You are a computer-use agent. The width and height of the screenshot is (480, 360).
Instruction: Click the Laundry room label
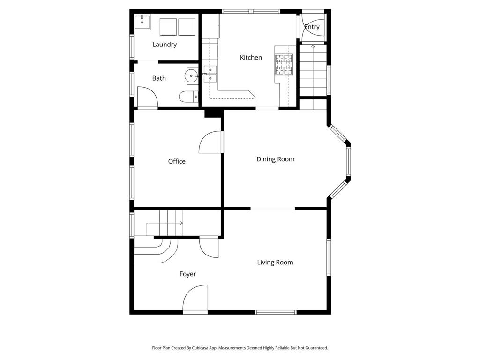(x=165, y=45)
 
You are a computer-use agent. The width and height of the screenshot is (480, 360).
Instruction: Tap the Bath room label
(x=159, y=78)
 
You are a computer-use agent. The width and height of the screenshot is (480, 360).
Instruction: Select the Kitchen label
(x=251, y=57)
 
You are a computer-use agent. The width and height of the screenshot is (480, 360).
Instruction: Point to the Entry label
(x=312, y=27)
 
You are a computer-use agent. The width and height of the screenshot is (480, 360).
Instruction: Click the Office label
(x=177, y=161)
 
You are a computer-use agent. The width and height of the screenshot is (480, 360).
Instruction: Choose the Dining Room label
(x=275, y=159)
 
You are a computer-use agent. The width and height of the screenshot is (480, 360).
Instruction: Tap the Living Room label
(x=275, y=262)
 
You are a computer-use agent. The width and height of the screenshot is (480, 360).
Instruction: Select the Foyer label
(x=187, y=274)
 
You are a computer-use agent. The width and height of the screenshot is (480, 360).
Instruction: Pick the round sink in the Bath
(x=193, y=75)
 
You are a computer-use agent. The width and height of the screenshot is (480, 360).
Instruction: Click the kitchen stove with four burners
(x=283, y=65)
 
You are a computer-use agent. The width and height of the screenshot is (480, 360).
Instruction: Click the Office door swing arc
(x=210, y=142)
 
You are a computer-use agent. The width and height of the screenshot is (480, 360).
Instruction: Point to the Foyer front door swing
(x=195, y=299)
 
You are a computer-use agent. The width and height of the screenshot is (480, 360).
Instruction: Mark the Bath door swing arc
(x=147, y=97)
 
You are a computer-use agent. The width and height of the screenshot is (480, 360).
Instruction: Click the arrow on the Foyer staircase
(x=180, y=223)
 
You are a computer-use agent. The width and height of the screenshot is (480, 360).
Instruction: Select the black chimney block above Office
(x=212, y=113)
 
